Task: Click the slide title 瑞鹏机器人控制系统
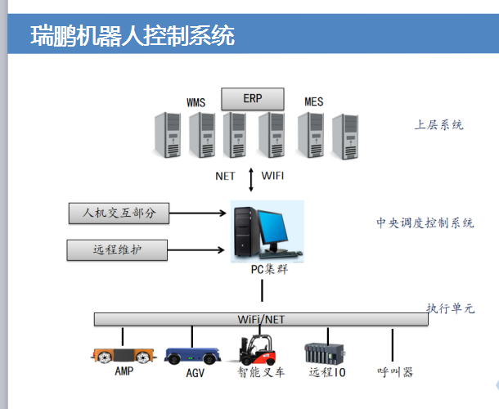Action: (x=133, y=36)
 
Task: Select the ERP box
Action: (x=252, y=98)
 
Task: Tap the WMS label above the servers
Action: (x=196, y=102)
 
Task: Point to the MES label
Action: (x=313, y=102)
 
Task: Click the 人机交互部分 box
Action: (x=118, y=213)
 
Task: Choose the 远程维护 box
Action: (x=117, y=249)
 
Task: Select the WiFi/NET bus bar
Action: (x=261, y=319)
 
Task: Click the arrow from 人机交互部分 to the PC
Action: (x=197, y=214)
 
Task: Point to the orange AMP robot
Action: (x=123, y=355)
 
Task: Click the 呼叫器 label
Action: (x=394, y=372)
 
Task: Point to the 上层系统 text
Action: (x=438, y=125)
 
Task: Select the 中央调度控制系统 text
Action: (x=425, y=222)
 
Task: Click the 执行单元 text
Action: (x=450, y=308)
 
